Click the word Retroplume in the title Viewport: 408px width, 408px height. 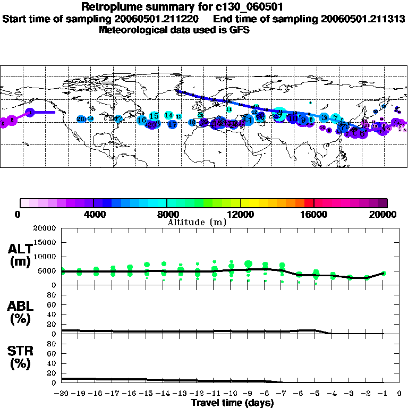click(108, 7)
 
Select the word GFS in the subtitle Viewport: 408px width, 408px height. click(240, 30)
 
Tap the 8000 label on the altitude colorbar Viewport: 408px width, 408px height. click(167, 214)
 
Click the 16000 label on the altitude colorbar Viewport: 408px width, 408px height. click(314, 214)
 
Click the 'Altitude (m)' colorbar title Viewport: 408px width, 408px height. click(197, 222)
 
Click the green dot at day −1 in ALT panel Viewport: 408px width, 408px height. click(384, 274)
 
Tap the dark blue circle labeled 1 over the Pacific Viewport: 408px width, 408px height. click(31, 113)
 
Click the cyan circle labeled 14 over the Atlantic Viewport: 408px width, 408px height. click(169, 115)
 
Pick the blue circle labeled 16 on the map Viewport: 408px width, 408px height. click(142, 121)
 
